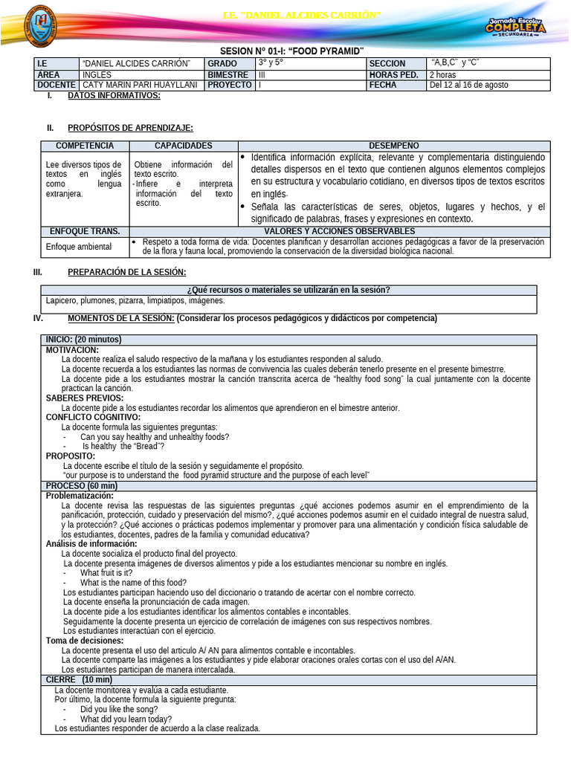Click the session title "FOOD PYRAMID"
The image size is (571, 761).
332,50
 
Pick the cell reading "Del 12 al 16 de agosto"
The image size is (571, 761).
469,85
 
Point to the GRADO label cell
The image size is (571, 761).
222,64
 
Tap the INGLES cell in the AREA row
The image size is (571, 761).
96,74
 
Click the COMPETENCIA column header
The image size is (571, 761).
85,146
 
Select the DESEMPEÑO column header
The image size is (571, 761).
393,146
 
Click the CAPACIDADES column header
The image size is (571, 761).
183,146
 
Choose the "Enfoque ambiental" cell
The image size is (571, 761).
79,246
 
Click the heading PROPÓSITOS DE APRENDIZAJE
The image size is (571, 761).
130,128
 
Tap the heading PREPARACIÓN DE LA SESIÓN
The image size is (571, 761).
126,272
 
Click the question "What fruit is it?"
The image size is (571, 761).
106,572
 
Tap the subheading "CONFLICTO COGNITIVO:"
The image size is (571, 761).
93,417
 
